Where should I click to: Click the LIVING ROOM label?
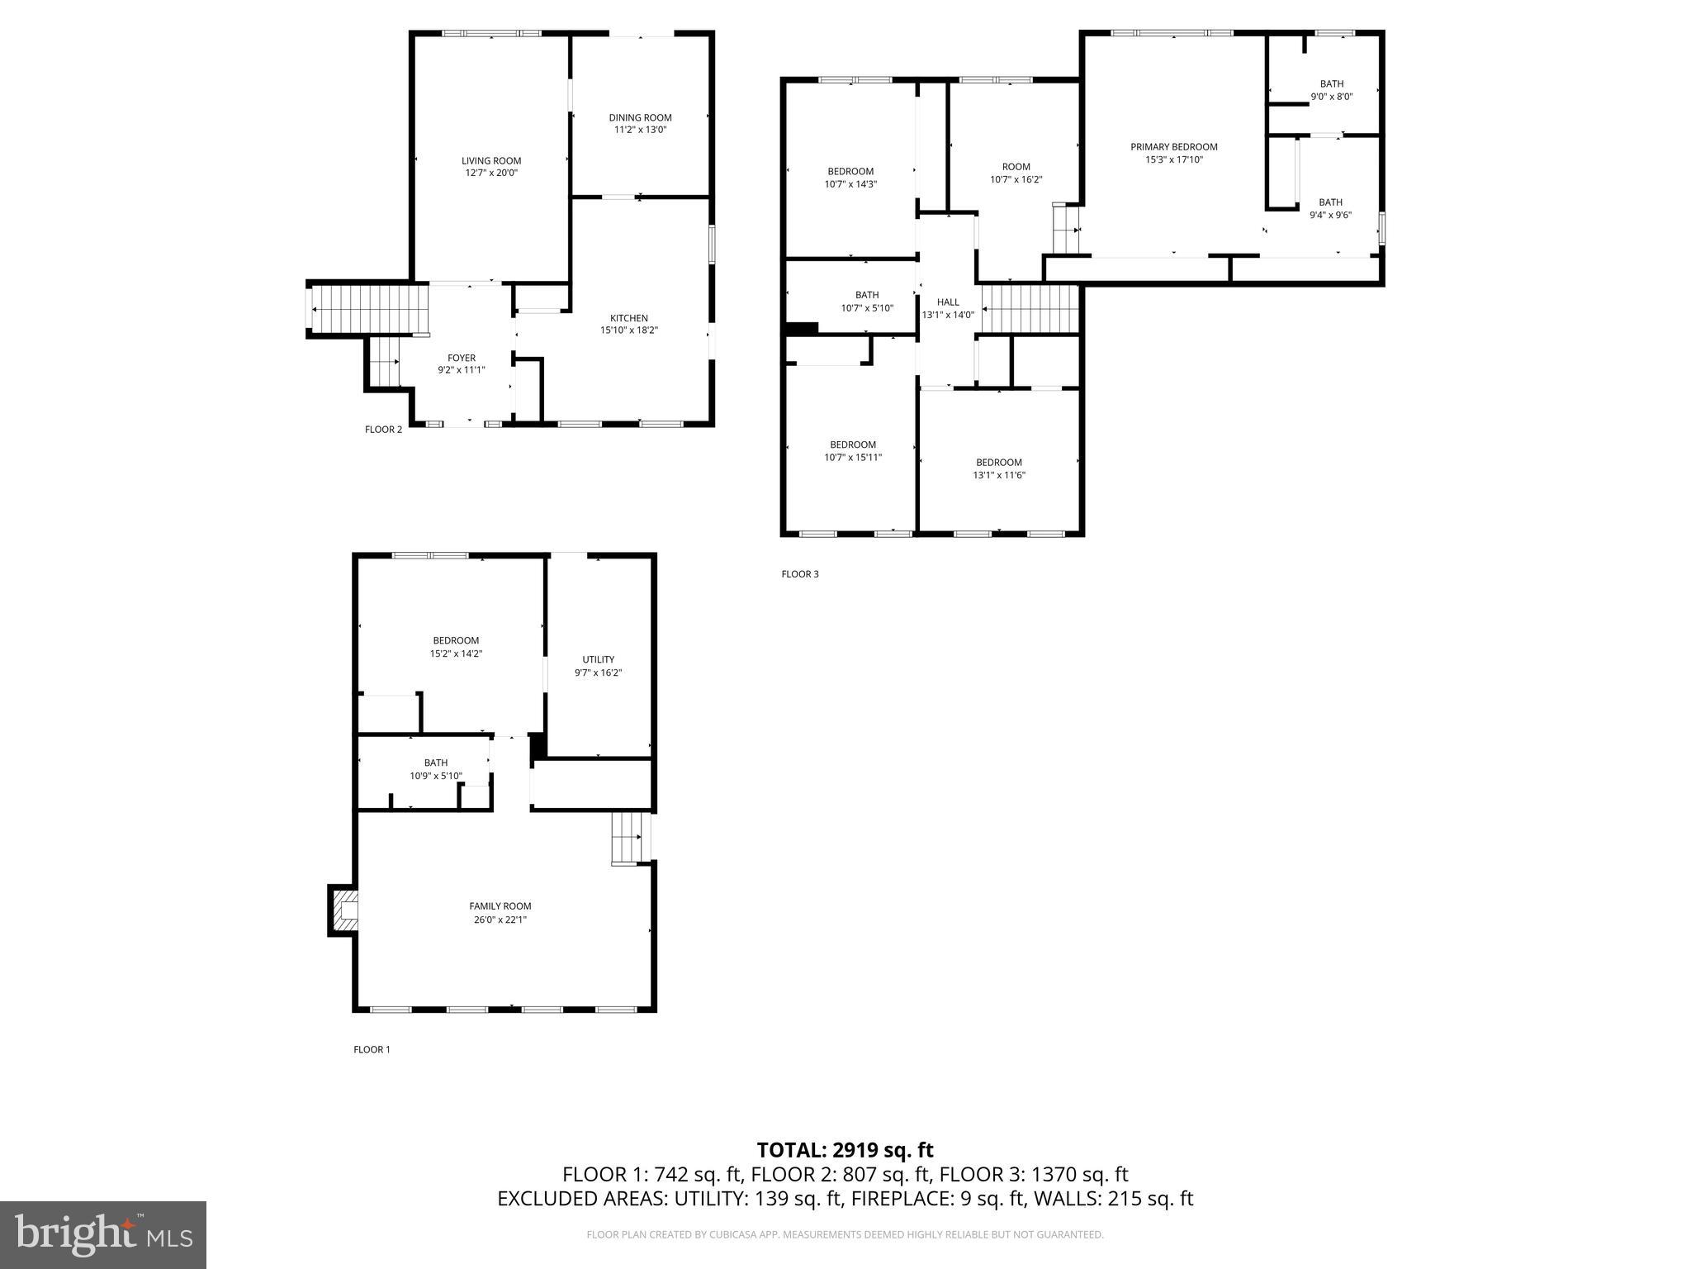(x=490, y=161)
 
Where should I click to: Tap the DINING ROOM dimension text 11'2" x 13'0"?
(x=640, y=130)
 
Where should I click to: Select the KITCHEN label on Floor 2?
(x=628, y=318)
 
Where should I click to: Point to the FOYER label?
(x=462, y=358)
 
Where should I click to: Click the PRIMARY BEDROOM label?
(x=1173, y=147)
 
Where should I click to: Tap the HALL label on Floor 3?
(x=948, y=302)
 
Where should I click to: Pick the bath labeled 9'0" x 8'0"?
(x=1331, y=90)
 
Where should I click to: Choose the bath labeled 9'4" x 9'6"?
(x=1330, y=208)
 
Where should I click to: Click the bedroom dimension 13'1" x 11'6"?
(x=998, y=475)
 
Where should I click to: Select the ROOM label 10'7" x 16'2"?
(x=1016, y=167)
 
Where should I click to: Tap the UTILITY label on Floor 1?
(x=598, y=659)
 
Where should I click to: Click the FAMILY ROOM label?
(x=500, y=906)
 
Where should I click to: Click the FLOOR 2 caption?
(x=383, y=430)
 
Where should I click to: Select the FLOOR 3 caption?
(x=799, y=574)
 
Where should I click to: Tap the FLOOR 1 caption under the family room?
(x=372, y=1049)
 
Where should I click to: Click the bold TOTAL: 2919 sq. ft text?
(x=845, y=1150)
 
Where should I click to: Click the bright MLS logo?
(x=103, y=1234)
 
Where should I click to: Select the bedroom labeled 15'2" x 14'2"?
(x=456, y=647)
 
